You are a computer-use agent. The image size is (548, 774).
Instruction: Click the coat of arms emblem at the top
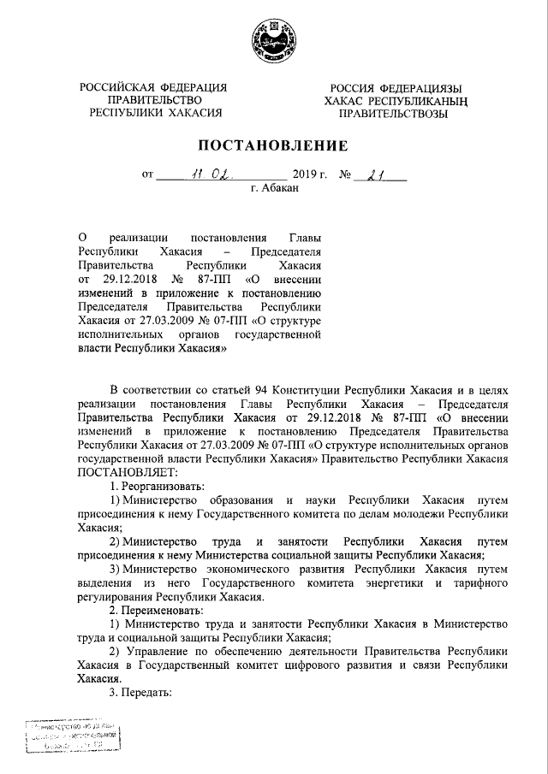[x=274, y=38]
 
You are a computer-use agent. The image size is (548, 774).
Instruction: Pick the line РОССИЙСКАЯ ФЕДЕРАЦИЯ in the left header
[x=153, y=87]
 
